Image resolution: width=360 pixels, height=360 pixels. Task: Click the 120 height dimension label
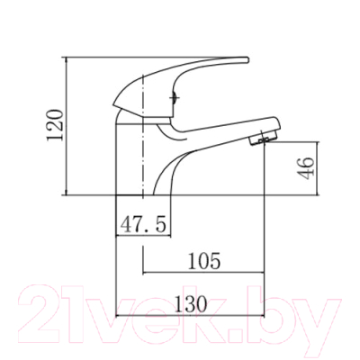pyautogui.click(x=55, y=125)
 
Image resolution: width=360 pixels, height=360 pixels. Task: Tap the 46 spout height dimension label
pyautogui.click(x=307, y=168)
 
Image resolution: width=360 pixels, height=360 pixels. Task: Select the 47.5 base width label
pyautogui.click(x=143, y=225)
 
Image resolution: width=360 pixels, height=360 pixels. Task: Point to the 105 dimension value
pyautogui.click(x=204, y=261)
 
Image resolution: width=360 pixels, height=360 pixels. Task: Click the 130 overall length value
pyautogui.click(x=191, y=303)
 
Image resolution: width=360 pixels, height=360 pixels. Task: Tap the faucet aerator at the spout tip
pyautogui.click(x=262, y=139)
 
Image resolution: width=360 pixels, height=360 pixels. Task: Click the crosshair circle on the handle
pyautogui.click(x=174, y=98)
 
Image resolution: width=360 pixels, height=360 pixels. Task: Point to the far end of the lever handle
pyautogui.click(x=247, y=59)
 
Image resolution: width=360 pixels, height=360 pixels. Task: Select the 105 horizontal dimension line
pyautogui.click(x=203, y=273)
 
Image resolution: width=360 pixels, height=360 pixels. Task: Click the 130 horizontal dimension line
pyautogui.click(x=190, y=315)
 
